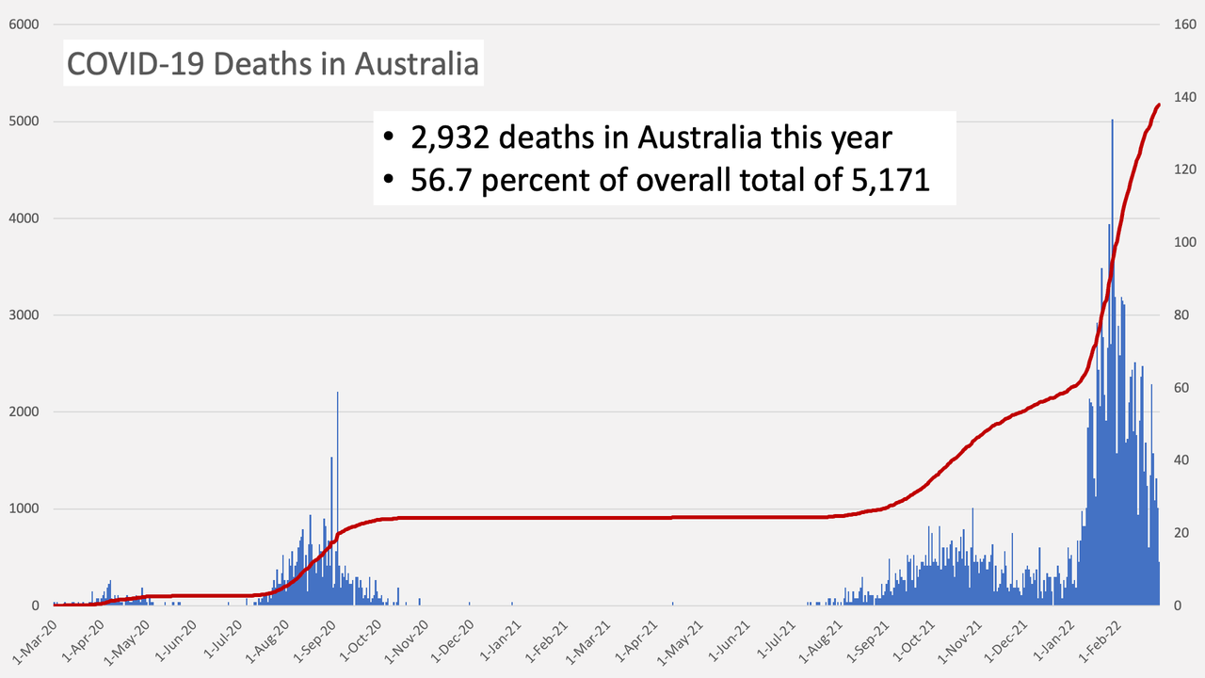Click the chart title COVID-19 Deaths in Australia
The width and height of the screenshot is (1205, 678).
[273, 64]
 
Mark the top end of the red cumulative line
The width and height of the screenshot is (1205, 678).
[1159, 105]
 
